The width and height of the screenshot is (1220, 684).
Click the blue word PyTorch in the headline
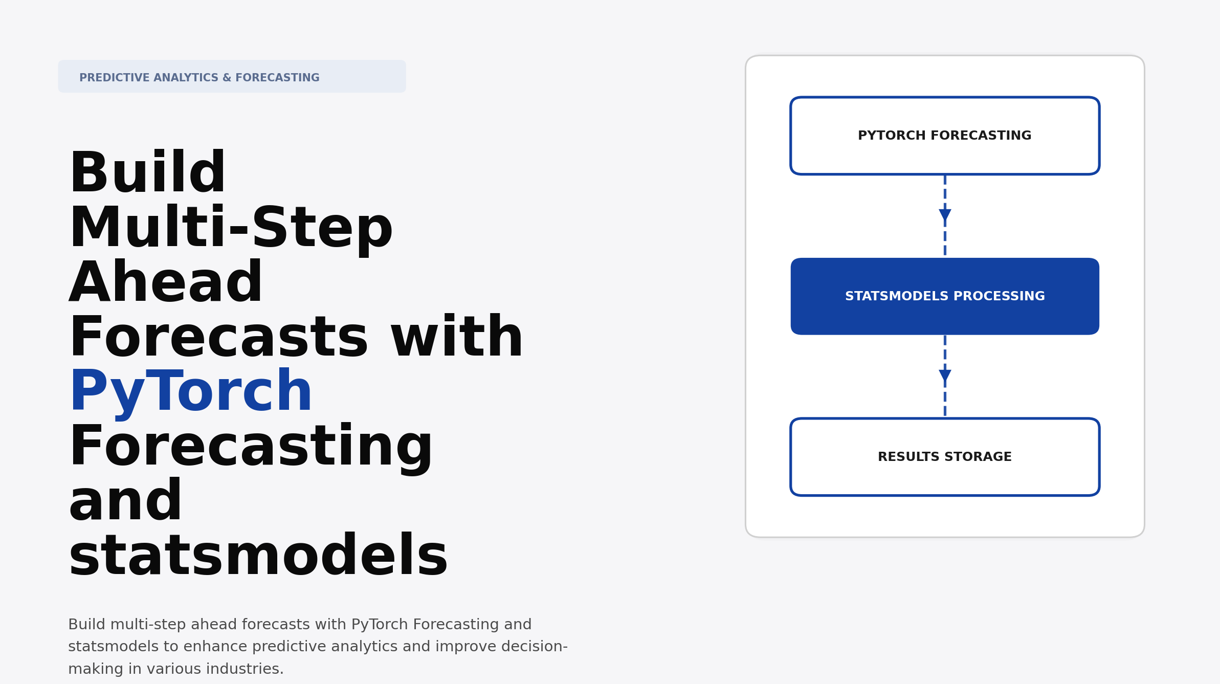[190, 392]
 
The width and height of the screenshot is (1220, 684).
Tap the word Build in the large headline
[147, 173]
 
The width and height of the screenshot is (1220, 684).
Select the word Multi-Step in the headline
[231, 228]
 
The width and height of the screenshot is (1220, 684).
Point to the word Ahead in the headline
[166, 283]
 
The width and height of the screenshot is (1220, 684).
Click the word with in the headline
[457, 338]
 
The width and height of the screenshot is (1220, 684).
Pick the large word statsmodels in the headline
[258, 556]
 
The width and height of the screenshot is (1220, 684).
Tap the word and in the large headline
[125, 501]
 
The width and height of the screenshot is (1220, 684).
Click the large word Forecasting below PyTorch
[251, 447]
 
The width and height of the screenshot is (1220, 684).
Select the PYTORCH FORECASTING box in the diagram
[944, 136]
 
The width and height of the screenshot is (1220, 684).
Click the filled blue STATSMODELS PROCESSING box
[944, 296]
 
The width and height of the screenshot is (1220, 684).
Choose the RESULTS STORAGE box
[944, 457]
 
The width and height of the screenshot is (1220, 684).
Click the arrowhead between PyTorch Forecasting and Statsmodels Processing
[945, 215]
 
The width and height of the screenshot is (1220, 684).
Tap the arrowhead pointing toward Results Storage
[945, 376]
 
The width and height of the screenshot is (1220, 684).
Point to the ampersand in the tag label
[227, 78]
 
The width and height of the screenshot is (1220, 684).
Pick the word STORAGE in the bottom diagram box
[988, 457]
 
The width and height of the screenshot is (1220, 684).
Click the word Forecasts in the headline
[218, 338]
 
